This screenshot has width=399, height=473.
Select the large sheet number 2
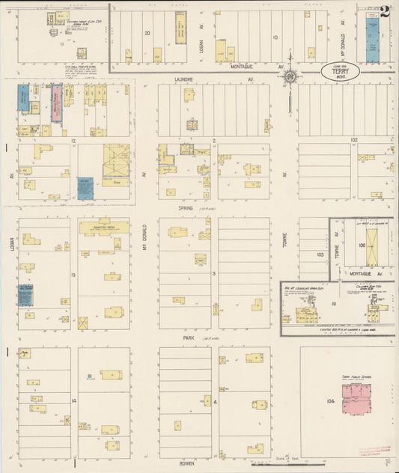coord(385,11)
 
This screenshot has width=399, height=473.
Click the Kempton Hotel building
coord(103,227)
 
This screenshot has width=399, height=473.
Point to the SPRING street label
coord(185,208)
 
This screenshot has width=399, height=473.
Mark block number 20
coord(147,33)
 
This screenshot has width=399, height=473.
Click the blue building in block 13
coord(25,295)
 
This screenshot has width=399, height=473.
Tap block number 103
coord(320,254)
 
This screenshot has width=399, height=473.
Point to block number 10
coord(275,36)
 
